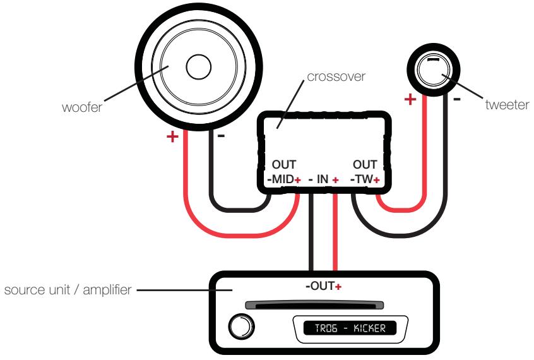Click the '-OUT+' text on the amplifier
tap(323, 286)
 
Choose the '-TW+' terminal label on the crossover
tap(365, 180)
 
